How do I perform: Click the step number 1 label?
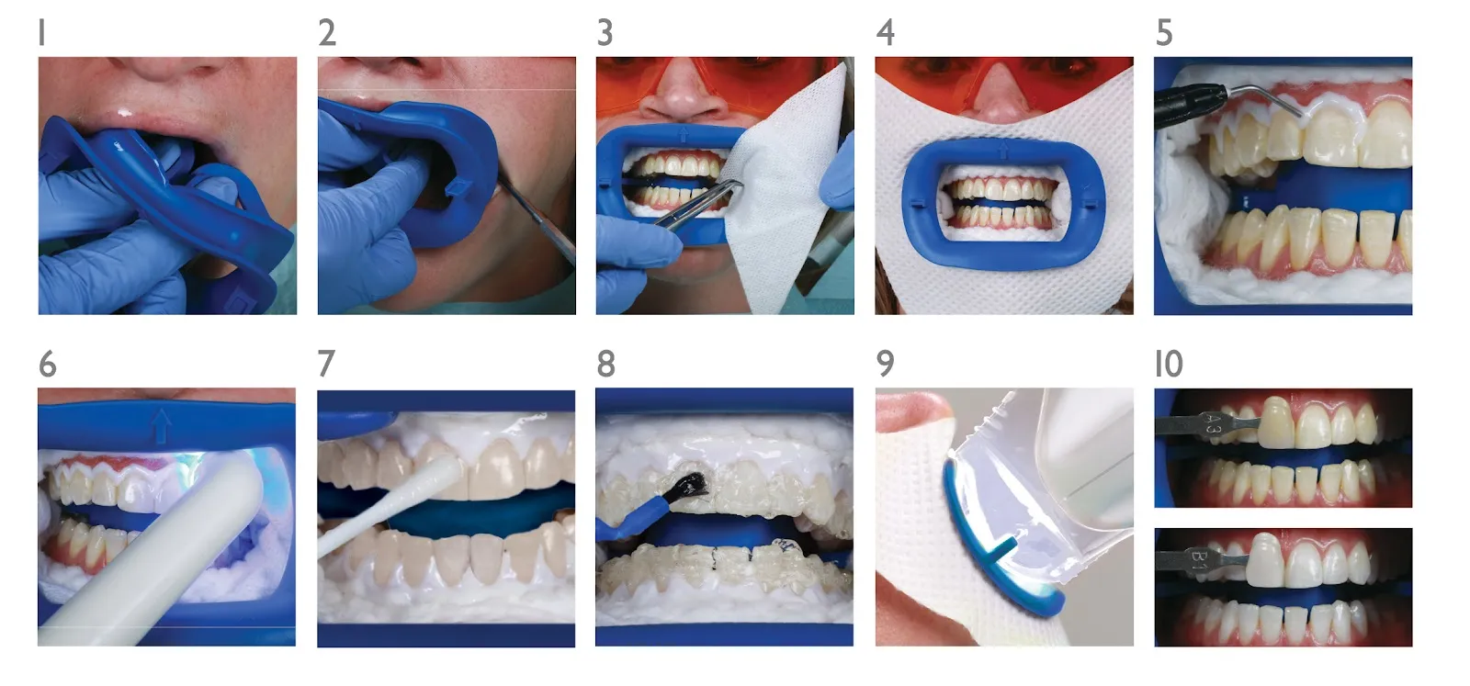tap(42, 33)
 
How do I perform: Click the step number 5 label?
tap(1164, 33)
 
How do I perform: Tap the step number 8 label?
tap(605, 364)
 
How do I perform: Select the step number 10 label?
tap(1169, 364)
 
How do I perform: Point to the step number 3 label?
tap(605, 33)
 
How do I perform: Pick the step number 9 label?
tap(885, 364)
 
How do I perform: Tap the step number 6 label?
tap(48, 364)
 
